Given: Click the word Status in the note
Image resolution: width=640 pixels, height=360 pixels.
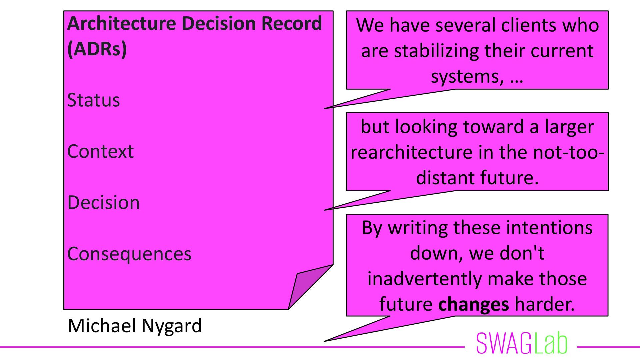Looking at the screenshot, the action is [93, 100].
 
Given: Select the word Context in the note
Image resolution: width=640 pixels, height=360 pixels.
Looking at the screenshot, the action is [100, 151].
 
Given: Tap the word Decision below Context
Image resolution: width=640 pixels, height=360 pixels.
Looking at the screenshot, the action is [103, 202].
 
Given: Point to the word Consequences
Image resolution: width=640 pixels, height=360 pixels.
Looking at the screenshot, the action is [129, 254].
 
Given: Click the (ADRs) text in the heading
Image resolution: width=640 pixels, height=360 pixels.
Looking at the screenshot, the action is [97, 49].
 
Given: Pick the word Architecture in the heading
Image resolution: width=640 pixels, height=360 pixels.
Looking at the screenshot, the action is [122, 24].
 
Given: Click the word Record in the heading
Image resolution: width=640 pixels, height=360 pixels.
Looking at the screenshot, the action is [292, 24].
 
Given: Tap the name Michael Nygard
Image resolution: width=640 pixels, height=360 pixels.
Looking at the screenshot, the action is [135, 326].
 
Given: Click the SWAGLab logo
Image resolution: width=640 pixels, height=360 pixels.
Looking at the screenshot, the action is [522, 343].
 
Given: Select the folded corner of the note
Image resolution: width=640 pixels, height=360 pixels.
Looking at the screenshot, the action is [308, 285].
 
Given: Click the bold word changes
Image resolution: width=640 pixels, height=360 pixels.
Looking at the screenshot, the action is [474, 304].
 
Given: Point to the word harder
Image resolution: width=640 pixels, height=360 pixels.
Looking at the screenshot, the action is [545, 304].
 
